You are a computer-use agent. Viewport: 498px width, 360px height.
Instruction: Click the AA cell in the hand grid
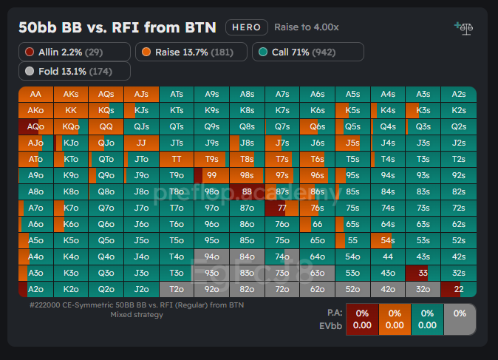[35, 94]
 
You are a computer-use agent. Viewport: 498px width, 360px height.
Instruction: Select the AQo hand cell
[35, 126]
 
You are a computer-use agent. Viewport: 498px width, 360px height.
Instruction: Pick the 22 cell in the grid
[459, 289]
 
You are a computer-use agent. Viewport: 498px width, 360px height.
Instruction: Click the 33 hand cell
[423, 273]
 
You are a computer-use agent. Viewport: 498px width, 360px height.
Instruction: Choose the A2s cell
[459, 94]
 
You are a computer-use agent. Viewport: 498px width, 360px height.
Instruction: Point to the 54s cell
[388, 240]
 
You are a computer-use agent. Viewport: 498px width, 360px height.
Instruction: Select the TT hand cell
[177, 159]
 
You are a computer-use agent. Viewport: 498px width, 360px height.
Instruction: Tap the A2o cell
[35, 289]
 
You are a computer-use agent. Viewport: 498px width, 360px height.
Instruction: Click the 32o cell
[423, 289]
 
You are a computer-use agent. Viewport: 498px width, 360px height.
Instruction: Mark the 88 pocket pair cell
[247, 191]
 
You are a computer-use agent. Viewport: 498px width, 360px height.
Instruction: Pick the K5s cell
[353, 110]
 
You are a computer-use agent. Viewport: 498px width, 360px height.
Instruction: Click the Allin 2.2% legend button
[75, 52]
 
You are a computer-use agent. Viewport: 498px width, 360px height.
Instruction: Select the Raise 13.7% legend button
[191, 52]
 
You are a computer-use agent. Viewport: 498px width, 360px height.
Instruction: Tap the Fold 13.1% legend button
[75, 71]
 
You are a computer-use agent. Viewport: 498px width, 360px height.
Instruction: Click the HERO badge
[246, 27]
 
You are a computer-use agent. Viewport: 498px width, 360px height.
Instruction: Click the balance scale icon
[464, 28]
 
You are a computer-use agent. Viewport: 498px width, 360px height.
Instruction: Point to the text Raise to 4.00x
[307, 27]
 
